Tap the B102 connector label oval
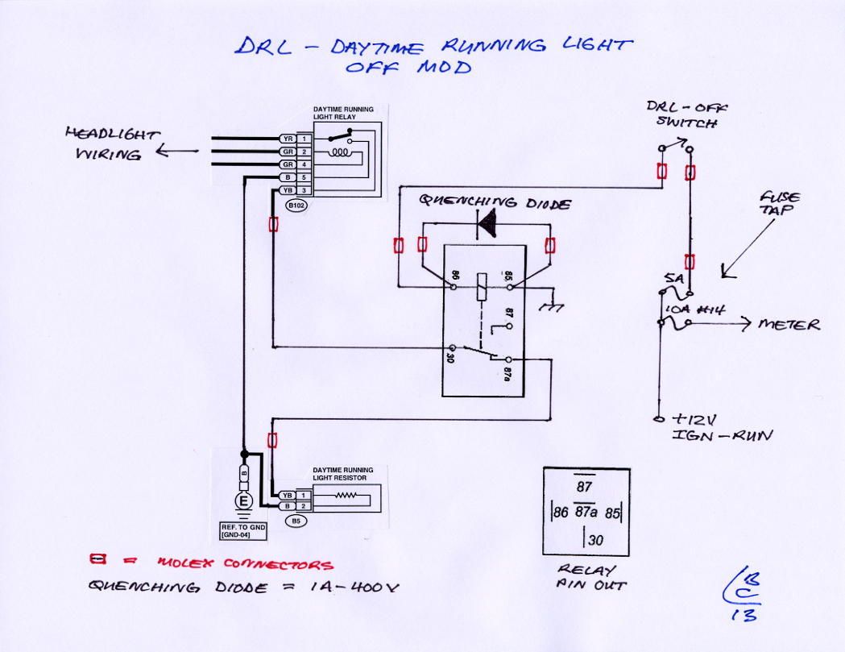[x=296, y=206]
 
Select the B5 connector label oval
[x=296, y=521]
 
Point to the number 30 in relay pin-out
[x=594, y=541]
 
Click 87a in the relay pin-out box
[x=586, y=511]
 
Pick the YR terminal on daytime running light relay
[x=287, y=138]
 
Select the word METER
[x=789, y=325]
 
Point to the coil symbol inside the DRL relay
[x=340, y=151]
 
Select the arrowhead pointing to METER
[x=745, y=324]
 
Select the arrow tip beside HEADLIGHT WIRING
[x=157, y=151]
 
